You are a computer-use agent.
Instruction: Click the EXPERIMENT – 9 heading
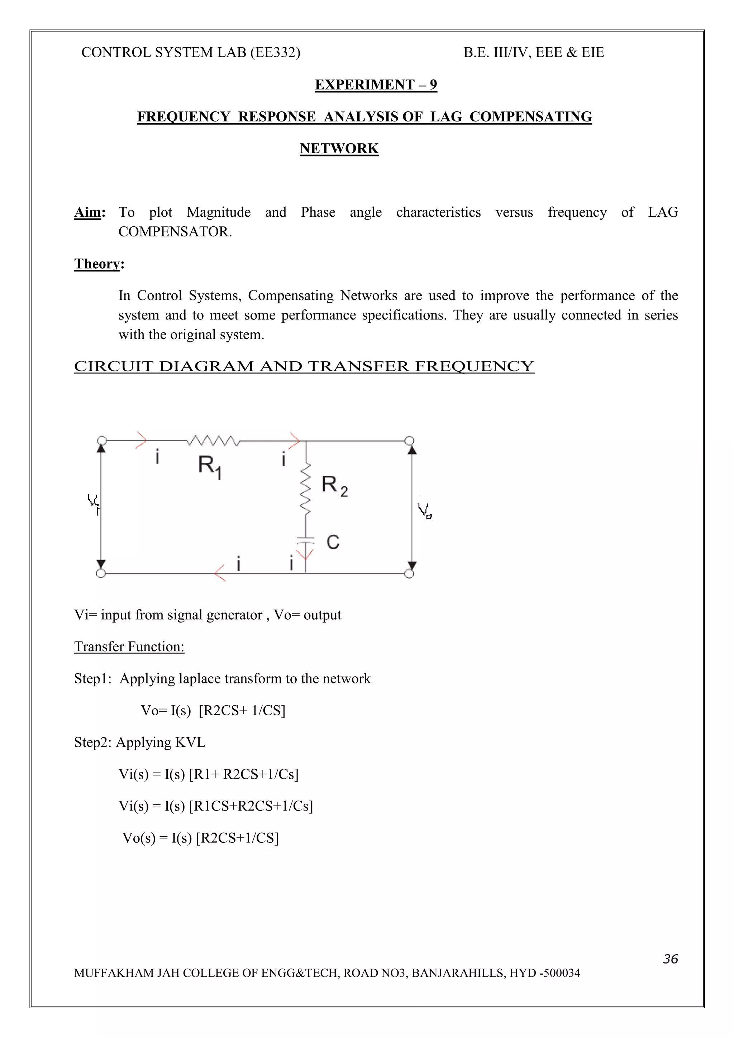tap(376, 85)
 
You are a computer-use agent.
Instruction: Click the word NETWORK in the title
tap(339, 148)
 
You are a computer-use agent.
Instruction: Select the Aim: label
tap(90, 212)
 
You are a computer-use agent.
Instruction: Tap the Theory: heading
tap(99, 264)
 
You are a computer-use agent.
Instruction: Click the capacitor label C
tap(333, 542)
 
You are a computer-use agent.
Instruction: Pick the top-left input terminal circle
tap(102, 440)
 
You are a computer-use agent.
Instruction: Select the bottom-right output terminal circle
tap(409, 574)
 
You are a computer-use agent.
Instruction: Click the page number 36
tap(670, 959)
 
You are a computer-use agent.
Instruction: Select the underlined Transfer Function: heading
tap(129, 647)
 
